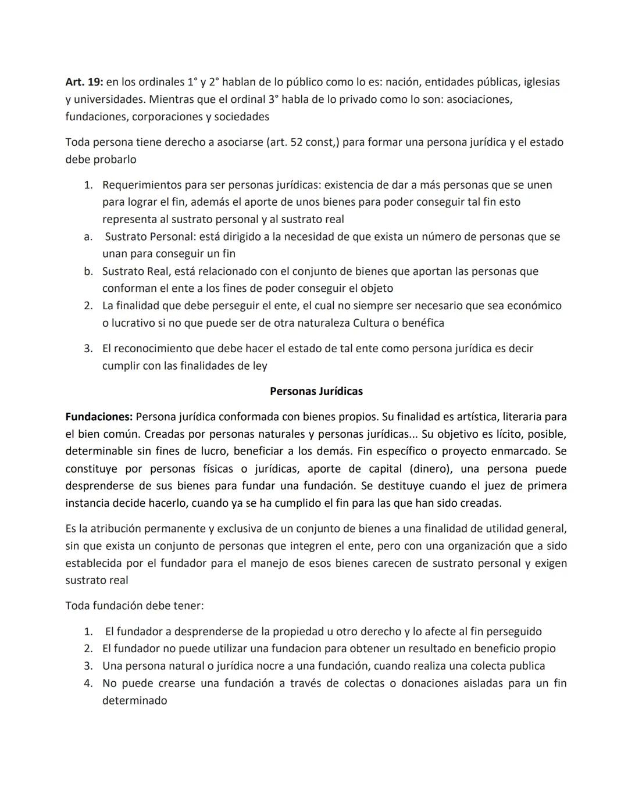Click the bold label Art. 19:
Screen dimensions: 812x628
pos(84,83)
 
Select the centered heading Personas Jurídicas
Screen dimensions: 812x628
pos(316,391)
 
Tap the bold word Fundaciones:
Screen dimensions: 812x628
pos(99,417)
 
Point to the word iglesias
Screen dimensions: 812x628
pos(541,83)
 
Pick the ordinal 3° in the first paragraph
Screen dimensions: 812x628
pos(270,99)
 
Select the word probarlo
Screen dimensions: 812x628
pos(101,159)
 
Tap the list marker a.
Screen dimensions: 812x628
pos(88,237)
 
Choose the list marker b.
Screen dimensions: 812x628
pos(88,271)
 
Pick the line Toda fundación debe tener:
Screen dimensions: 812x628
pos(134,606)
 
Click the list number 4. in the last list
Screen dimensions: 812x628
pos(88,684)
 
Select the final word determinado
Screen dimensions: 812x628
pos(134,700)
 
